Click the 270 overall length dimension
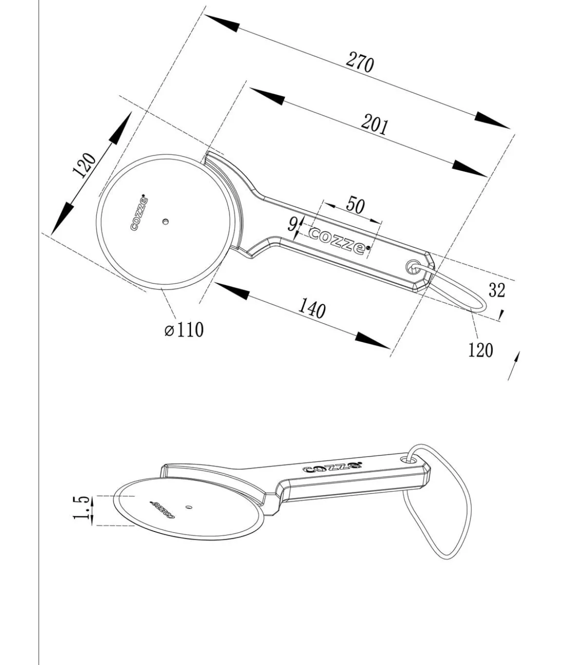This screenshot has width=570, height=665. click(x=360, y=64)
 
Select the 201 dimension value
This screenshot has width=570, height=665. click(x=375, y=125)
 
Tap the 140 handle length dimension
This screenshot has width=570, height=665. click(x=312, y=308)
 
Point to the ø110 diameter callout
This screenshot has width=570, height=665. click(x=184, y=329)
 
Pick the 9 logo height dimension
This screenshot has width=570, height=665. click(x=292, y=224)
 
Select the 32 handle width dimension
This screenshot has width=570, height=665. click(x=497, y=290)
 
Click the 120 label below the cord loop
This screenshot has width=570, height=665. click(x=480, y=350)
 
